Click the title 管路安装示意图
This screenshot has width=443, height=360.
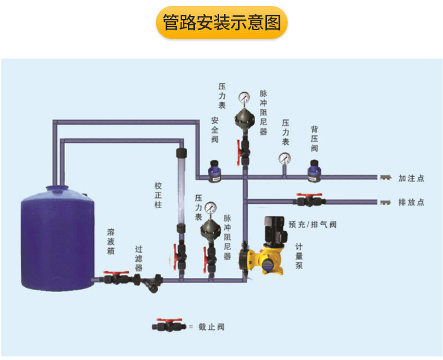coord(221,23)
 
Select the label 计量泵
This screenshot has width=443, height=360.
coord(299,256)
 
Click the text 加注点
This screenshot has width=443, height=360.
coord(411,178)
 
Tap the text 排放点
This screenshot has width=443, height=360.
coord(411,202)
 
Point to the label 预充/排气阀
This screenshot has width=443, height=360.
coord(312,225)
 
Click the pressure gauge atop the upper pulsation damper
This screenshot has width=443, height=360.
coord(243,98)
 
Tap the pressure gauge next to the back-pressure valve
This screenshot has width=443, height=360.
coord(285,158)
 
